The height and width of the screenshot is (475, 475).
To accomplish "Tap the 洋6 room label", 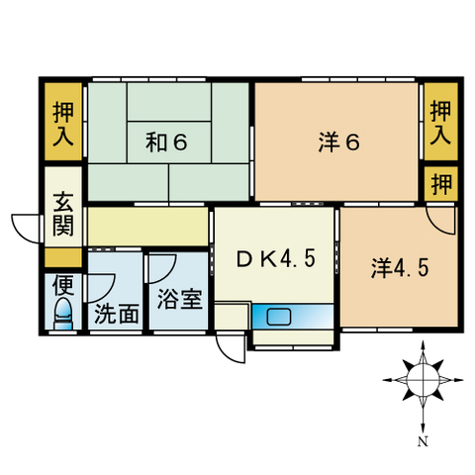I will coord(338,142).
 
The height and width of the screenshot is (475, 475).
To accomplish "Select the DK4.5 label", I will coord(276,260).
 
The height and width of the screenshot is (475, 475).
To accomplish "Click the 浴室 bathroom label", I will coord(180,298).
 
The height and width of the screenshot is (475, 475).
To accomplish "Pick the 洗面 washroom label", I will coord(116,316).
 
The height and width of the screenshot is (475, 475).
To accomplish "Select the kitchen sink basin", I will coord(278,318).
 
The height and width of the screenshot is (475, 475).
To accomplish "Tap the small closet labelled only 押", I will coord(442,184).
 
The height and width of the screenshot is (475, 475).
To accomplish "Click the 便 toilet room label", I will coord(63,287).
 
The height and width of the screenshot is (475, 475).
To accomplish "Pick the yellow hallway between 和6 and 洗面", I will coord(147,227).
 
